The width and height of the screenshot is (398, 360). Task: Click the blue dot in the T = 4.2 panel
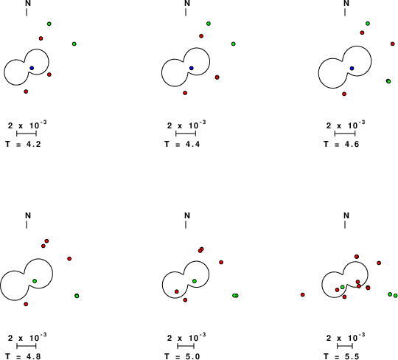tap(32, 68)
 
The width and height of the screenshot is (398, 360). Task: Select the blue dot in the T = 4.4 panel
tap(192, 68)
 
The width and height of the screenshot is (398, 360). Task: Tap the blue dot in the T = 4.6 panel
tap(352, 69)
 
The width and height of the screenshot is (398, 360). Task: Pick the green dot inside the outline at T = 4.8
tap(35, 281)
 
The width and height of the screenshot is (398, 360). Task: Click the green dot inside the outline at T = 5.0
tap(195, 281)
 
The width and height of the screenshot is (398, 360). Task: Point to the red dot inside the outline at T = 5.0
tap(177, 291)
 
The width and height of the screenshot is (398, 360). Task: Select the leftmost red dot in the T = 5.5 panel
tap(303, 294)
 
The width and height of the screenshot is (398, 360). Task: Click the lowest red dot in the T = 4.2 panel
tap(26, 91)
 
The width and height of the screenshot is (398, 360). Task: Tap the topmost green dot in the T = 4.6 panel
tap(368, 24)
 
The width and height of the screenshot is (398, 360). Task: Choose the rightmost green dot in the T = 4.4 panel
tap(233, 44)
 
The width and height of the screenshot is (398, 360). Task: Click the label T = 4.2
tap(23, 144)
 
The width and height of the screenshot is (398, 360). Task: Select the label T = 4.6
tap(341, 144)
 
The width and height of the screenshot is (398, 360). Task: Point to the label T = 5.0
tap(182, 356)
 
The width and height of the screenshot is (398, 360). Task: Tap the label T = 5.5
tap(341, 356)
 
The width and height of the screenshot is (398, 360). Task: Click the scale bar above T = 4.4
tap(186, 134)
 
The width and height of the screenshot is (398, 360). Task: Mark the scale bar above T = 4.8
tap(27, 346)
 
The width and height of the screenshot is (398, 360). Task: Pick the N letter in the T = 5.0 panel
tap(187, 215)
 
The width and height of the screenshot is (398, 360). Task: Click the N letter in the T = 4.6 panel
tap(346, 3)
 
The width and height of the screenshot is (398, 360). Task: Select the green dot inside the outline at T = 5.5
tap(343, 287)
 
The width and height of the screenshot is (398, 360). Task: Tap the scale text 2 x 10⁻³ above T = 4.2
tap(27, 125)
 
